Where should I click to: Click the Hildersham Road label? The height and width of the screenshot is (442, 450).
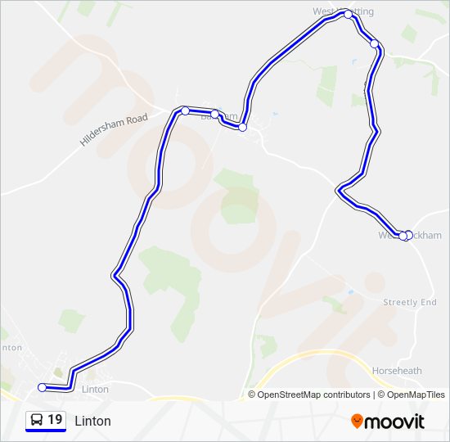pos(114,130)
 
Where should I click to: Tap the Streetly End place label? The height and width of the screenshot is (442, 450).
pos(410,302)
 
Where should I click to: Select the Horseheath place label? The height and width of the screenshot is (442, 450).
pos(397,371)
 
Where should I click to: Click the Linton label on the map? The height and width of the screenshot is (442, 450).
pos(96,389)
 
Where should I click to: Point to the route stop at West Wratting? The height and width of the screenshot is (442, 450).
pos(349,14)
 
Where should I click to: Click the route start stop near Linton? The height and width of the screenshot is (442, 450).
pos(43,387)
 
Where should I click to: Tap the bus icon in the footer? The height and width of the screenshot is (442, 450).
pos(37,420)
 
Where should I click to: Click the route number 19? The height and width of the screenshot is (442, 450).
pos(55,420)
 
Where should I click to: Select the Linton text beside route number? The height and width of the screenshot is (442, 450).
pos(92,421)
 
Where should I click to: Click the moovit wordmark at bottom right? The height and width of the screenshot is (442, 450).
pos(395,422)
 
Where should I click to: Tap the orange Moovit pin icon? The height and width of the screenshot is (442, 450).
pos(358,422)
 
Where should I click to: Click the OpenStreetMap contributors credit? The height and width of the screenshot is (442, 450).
pos(313,395)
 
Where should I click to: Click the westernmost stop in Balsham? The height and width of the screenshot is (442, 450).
pos(186,110)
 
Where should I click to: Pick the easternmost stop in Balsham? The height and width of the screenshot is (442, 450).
pos(243,127)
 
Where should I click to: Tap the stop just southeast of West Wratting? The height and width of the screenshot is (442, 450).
pos(374,43)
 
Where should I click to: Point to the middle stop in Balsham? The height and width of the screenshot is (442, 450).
pos(214,115)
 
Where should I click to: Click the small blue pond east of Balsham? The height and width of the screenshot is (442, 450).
pos(275,114)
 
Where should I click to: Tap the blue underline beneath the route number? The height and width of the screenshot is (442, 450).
pos(46,431)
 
